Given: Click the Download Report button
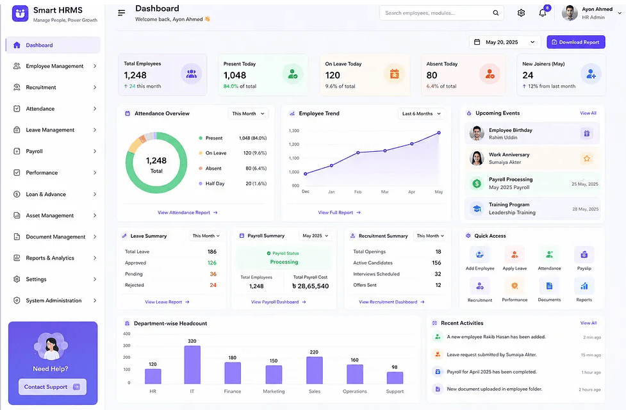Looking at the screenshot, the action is [x=575, y=42].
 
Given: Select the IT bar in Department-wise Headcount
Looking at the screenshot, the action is [x=192, y=365].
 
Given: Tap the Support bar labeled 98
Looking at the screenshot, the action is [x=395, y=378].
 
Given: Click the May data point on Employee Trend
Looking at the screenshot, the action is [x=439, y=133].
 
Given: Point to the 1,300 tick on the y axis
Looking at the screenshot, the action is [x=294, y=131].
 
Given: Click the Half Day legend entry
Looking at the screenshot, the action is [x=215, y=184].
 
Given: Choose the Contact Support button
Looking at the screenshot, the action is [x=53, y=387].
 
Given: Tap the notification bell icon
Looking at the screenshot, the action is [x=543, y=13].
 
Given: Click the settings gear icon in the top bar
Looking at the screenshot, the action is [x=521, y=13].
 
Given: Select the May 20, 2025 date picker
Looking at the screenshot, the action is [x=505, y=42].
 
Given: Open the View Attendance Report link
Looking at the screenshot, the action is [x=187, y=213].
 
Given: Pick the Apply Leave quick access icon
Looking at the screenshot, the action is [x=515, y=255].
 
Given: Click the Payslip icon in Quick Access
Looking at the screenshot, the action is [x=584, y=255].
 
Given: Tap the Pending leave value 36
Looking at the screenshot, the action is [x=213, y=274].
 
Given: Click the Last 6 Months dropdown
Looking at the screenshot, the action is [x=421, y=114].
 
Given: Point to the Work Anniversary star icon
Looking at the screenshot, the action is [x=586, y=158].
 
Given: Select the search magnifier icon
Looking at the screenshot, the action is [x=495, y=13].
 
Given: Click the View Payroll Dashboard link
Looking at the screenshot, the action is [x=278, y=302].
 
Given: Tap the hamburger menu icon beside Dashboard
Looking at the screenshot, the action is [x=121, y=13].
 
